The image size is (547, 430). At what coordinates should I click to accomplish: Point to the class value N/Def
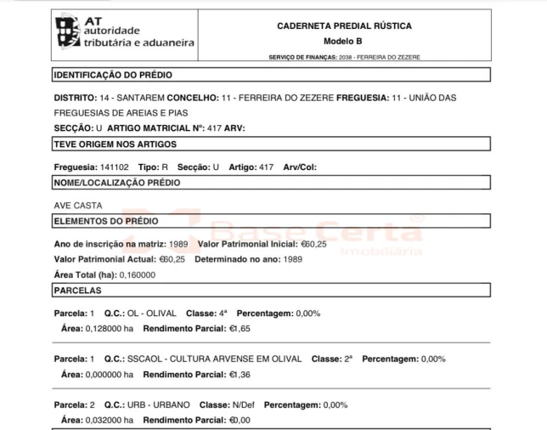click(x=244, y=405)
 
